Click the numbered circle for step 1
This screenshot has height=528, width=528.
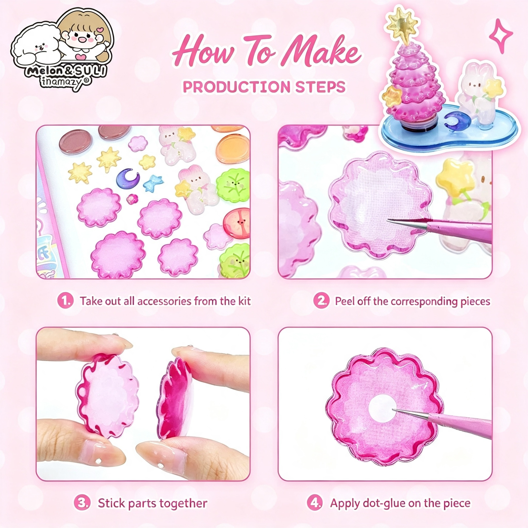pos(65,301)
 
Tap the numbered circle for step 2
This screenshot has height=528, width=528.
pos(322,301)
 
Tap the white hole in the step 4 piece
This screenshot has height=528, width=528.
pos(382,408)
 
